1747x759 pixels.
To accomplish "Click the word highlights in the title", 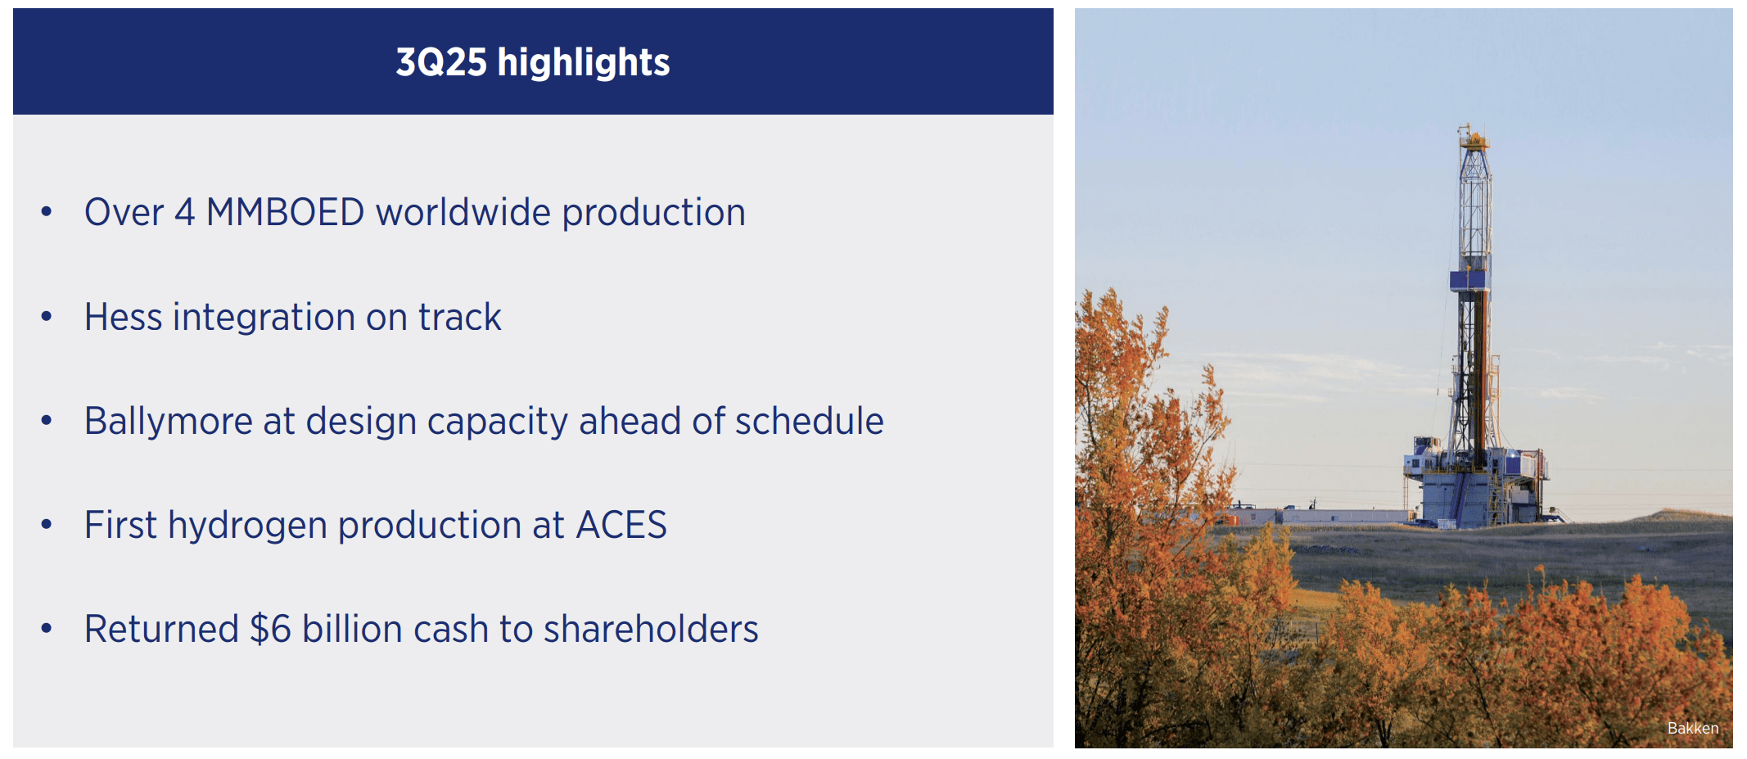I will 583,62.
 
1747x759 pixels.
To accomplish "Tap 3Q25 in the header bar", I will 441,62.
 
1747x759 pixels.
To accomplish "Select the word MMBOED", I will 285,213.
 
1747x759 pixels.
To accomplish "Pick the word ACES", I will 621,526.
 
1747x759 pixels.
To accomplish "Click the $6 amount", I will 270,630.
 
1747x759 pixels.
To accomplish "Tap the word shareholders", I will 651,630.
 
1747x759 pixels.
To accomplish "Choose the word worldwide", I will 463,213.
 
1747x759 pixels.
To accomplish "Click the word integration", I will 264,318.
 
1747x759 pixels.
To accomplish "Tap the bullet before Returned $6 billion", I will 47,629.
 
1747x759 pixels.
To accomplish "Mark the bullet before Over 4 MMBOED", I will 47,212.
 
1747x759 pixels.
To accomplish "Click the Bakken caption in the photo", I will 1692,728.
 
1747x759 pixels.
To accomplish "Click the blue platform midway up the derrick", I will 1469,280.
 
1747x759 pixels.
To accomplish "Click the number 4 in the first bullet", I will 185,213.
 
